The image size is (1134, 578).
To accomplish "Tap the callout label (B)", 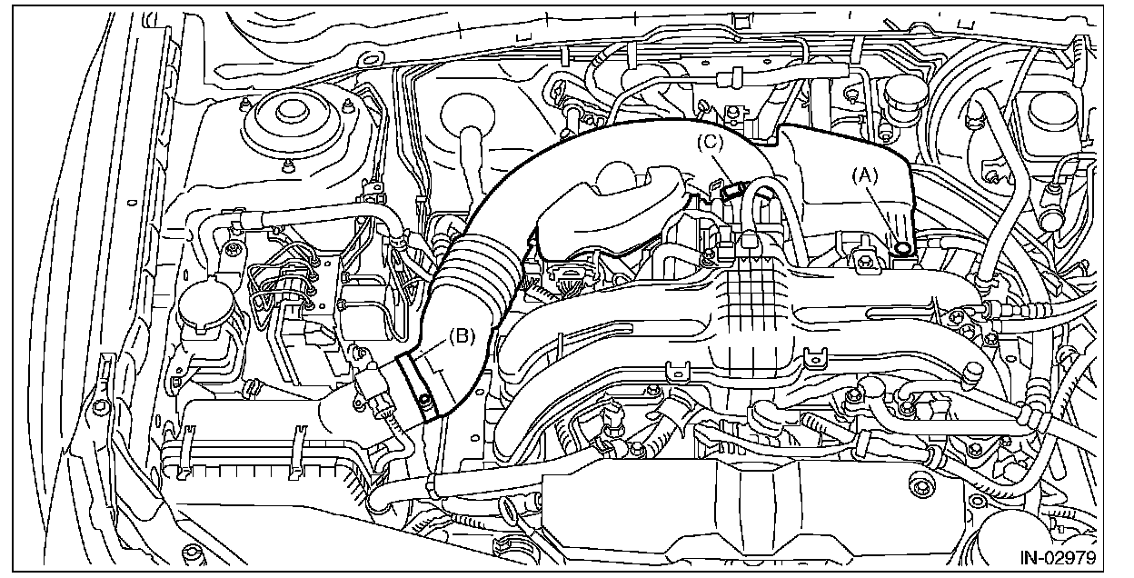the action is point(462,336).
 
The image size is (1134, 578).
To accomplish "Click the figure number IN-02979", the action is point(1058,557).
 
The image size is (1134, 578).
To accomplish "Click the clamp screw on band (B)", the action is point(423,401).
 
